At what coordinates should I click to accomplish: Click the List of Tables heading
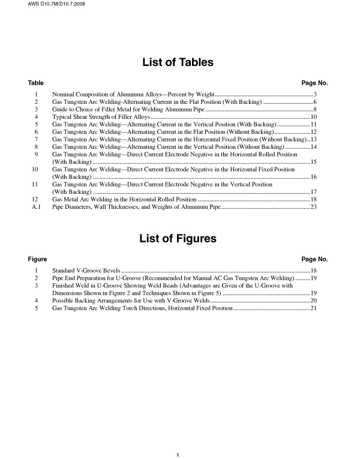[x=177, y=62]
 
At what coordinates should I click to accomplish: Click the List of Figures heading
[x=178, y=238]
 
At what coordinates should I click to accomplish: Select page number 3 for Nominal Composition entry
[x=314, y=95]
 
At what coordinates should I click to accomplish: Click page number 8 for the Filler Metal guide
[x=314, y=110]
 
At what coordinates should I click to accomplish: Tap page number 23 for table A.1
[x=313, y=206]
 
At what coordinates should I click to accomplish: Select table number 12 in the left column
[x=36, y=199]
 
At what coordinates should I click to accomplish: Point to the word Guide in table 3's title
[x=61, y=110]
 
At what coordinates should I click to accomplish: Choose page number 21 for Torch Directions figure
[x=313, y=308]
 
